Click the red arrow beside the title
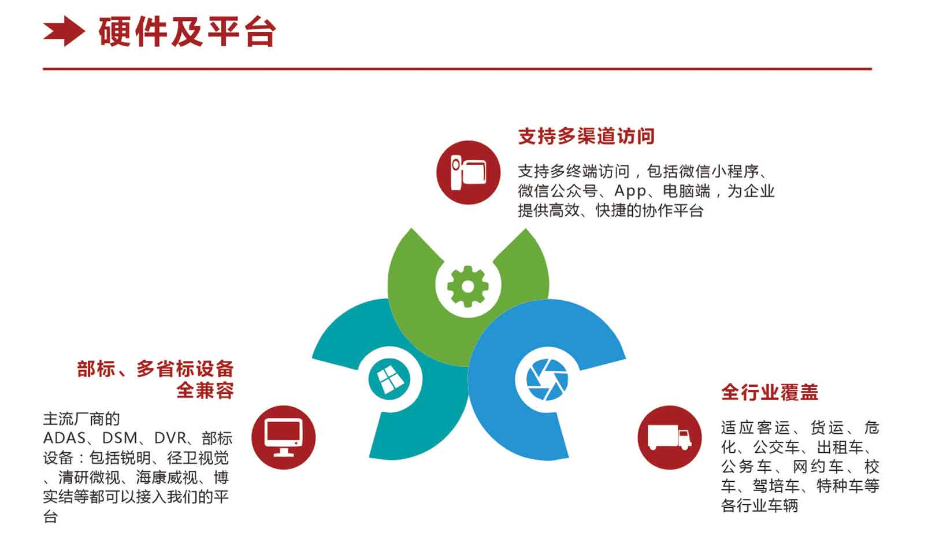[x=64, y=31]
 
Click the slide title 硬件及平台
[x=187, y=32]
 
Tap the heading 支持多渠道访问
[x=586, y=136]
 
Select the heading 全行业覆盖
[x=770, y=392]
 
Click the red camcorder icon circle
[x=468, y=172]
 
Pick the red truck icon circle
[x=670, y=438]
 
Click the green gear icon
[x=468, y=286]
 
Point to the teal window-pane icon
[x=389, y=379]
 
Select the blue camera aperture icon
[x=547, y=379]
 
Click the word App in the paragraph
[x=630, y=191]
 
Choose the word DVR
[x=170, y=438]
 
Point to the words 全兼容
[x=205, y=390]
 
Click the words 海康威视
[x=166, y=478]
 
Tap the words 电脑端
[x=686, y=191]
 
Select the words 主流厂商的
[x=81, y=419]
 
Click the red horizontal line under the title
[x=457, y=68]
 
